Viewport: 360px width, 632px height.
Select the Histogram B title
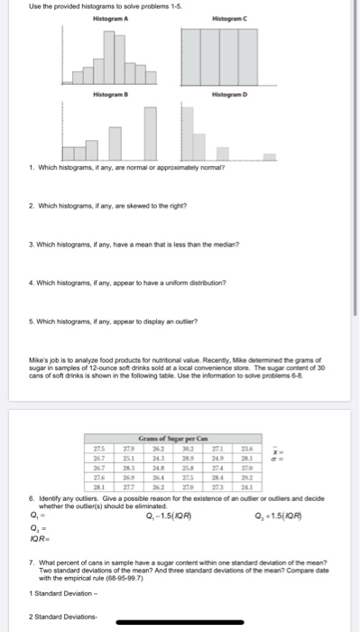[111, 95]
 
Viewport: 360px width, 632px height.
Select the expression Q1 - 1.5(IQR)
[167, 516]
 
